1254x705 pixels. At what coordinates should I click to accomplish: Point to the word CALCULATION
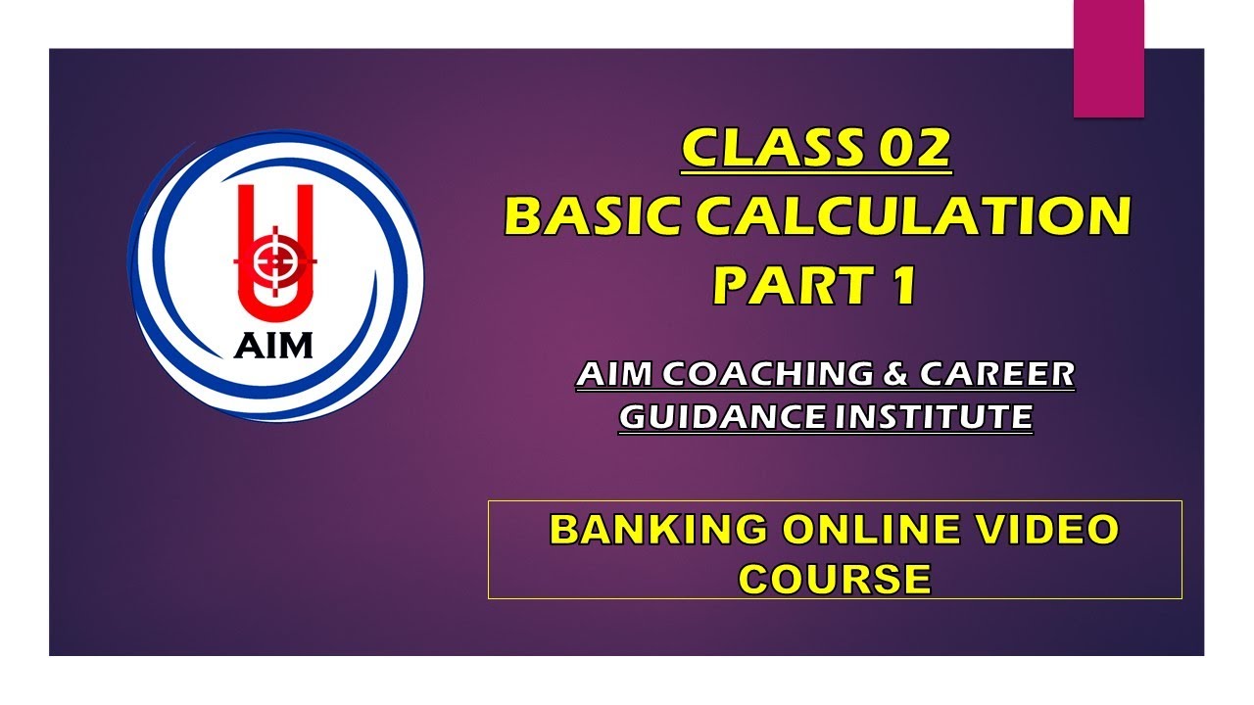pyautogui.click(x=916, y=216)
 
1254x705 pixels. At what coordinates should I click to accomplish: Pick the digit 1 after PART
pyautogui.click(x=902, y=285)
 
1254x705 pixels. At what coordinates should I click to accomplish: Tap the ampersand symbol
pyautogui.click(x=897, y=374)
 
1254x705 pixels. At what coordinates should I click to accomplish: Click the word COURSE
pyautogui.click(x=834, y=579)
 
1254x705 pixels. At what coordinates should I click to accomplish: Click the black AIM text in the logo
pyautogui.click(x=274, y=345)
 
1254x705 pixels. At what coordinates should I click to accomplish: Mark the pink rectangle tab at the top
pyautogui.click(x=1109, y=59)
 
